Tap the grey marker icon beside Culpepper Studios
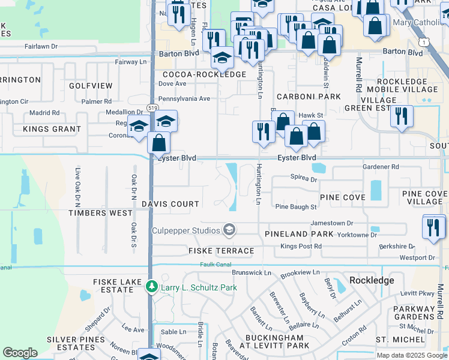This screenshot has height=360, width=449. pyautogui.click(x=229, y=230)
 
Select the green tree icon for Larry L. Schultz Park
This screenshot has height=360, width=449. pyautogui.click(x=152, y=287)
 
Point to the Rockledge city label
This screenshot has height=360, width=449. pyautogui.click(x=372, y=280)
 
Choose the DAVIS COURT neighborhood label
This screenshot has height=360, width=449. pyautogui.click(x=170, y=204)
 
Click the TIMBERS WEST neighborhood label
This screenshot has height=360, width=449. pyautogui.click(x=100, y=213)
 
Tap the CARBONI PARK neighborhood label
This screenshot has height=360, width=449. pyautogui.click(x=309, y=97)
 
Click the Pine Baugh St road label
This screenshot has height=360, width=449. pyautogui.click(x=295, y=207)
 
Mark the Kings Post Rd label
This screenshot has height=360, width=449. pyautogui.click(x=301, y=246)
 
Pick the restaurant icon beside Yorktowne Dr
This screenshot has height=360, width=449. pyautogui.click(x=433, y=227)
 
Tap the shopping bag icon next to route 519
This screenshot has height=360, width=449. pyautogui.click(x=158, y=143)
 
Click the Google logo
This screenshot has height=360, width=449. pyautogui.click(x=20, y=353)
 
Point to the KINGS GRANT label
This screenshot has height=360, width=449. pyautogui.click(x=52, y=129)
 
